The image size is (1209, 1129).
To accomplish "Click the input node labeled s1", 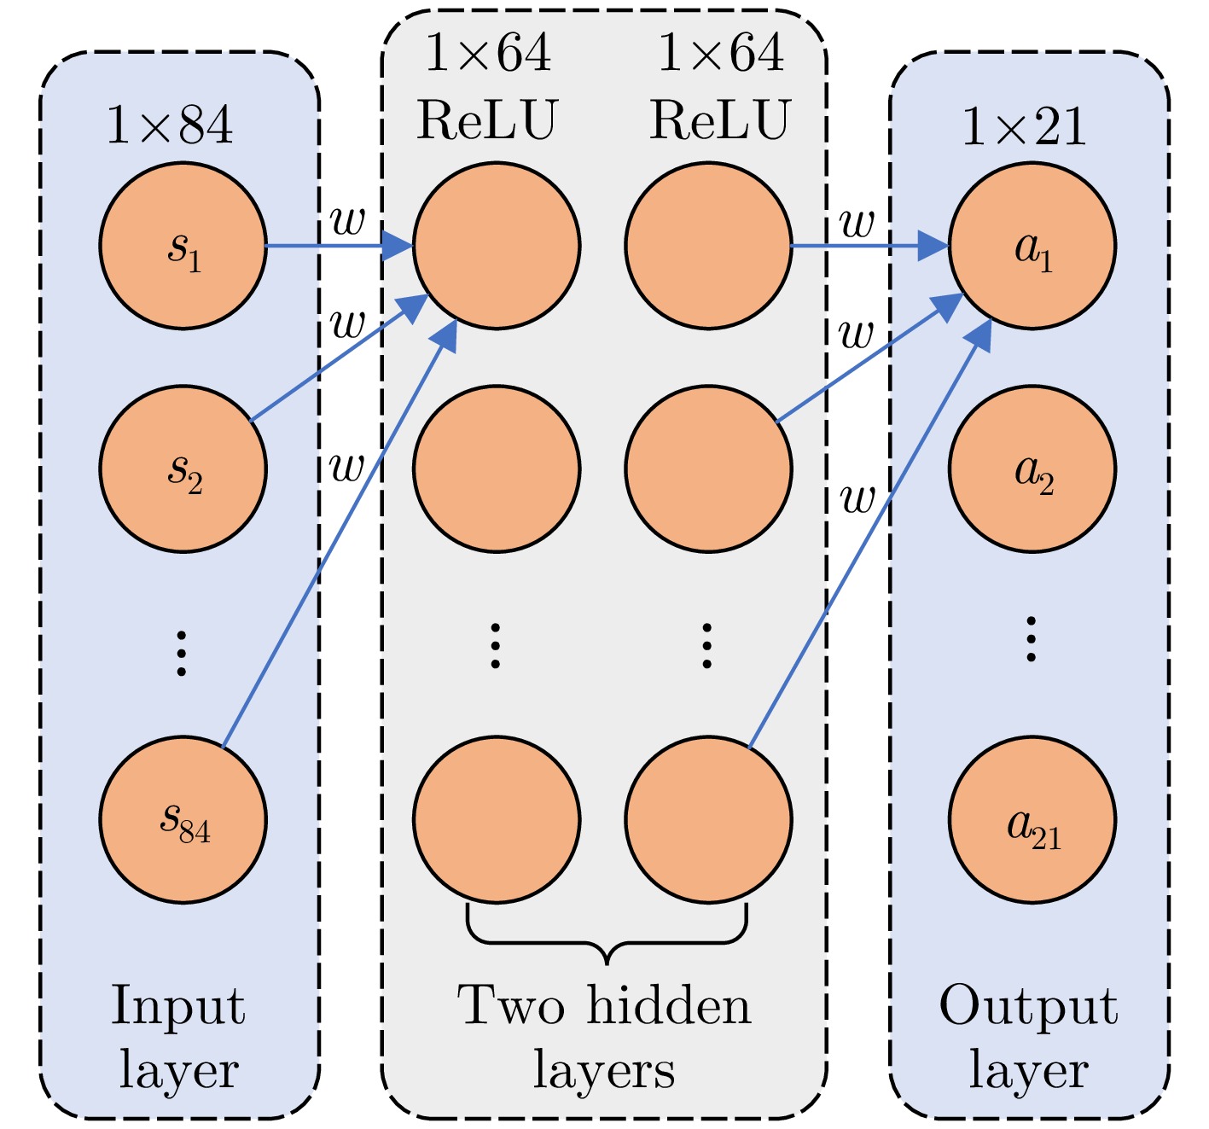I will pos(183,246).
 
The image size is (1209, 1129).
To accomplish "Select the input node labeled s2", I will pos(183,468).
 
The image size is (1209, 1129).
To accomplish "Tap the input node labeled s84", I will pos(183,819).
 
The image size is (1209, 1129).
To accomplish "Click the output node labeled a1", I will pos(1032,246).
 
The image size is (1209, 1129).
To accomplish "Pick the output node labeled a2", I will pos(1032,468).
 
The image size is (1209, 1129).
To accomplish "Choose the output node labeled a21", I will pos(1032,819).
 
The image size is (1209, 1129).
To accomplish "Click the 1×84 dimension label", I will pos(169,125).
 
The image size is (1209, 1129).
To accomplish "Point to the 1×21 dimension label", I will pos(1024,127).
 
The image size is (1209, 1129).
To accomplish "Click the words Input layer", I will pos(178,1037).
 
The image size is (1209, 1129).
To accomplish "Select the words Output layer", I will pos(1028,1037).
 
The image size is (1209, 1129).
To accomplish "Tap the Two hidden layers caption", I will pos(604,1037).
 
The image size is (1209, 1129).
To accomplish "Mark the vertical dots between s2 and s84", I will pos(181,653).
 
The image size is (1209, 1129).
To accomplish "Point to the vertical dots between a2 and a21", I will pos(1031,640).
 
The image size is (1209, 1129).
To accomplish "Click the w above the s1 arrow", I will pos(347,221).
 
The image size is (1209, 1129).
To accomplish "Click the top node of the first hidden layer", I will pos(497,246).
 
